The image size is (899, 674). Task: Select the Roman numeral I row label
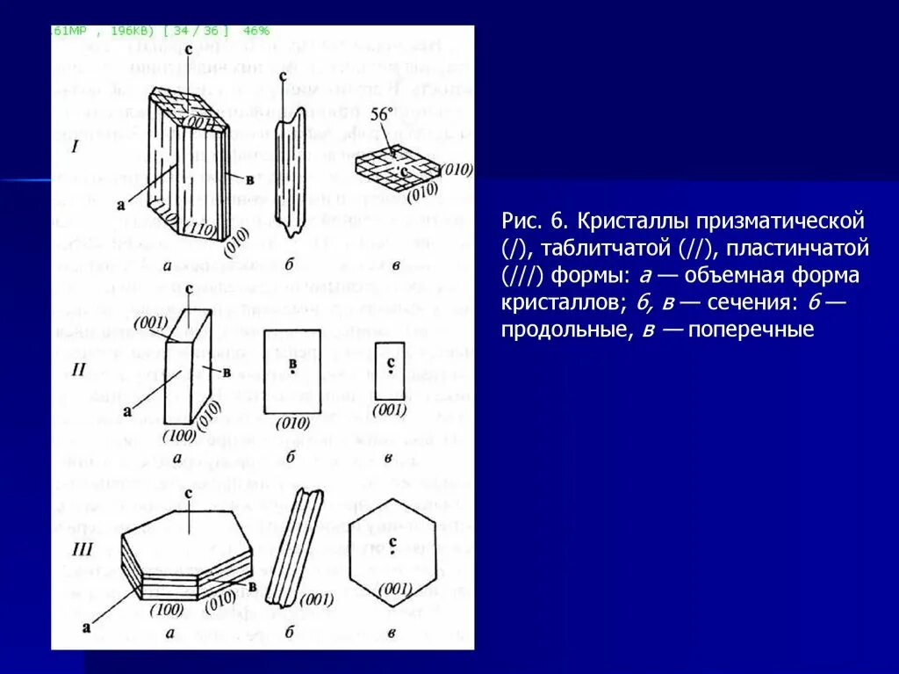[x=76, y=149]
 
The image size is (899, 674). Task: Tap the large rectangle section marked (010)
[x=293, y=371]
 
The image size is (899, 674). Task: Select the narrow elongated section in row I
[x=290, y=171]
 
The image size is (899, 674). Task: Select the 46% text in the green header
[x=256, y=31]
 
